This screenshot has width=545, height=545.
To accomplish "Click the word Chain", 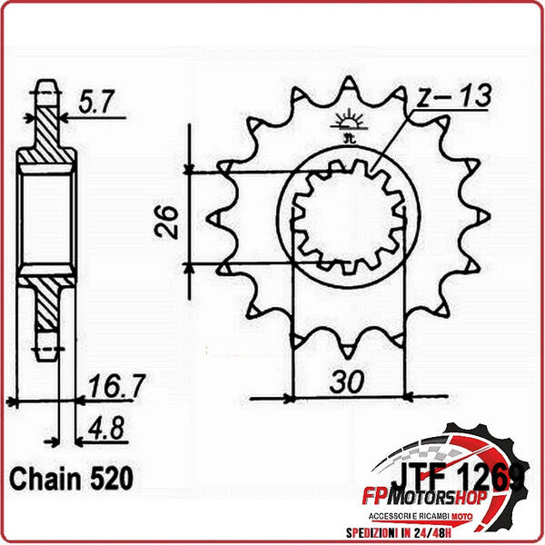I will pos(40,478).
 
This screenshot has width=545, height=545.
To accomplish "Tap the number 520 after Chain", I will pos(107,478).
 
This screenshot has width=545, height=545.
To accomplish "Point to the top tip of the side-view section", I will pos(45,87).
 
